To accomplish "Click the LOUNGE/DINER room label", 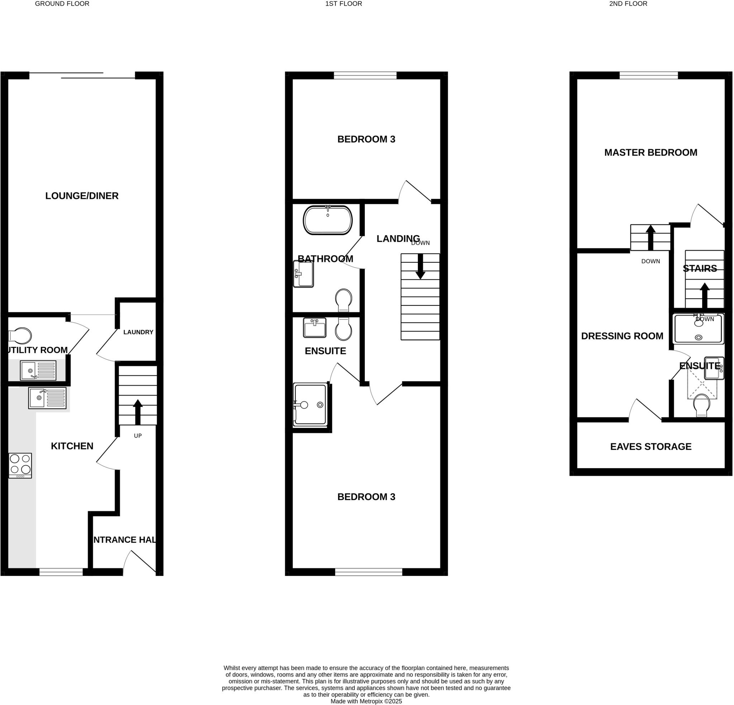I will (x=82, y=196).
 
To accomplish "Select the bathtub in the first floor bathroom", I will (x=328, y=220).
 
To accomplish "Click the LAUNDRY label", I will (x=138, y=332).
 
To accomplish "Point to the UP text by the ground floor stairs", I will (x=138, y=436).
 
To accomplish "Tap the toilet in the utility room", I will (x=20, y=336).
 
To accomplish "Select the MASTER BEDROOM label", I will (x=650, y=152).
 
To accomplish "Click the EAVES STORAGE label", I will (x=650, y=447).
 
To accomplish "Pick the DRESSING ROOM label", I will (x=622, y=336).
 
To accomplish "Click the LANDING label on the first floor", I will (x=398, y=239).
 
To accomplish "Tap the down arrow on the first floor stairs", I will (x=420, y=267).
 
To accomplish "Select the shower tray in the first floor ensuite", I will (x=310, y=404).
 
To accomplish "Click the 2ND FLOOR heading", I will (x=628, y=4).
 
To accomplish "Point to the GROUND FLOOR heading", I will (x=62, y=4).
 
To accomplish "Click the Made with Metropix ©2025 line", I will (x=366, y=701).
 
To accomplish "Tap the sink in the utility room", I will (x=38, y=370).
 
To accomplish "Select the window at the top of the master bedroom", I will (x=649, y=75).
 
